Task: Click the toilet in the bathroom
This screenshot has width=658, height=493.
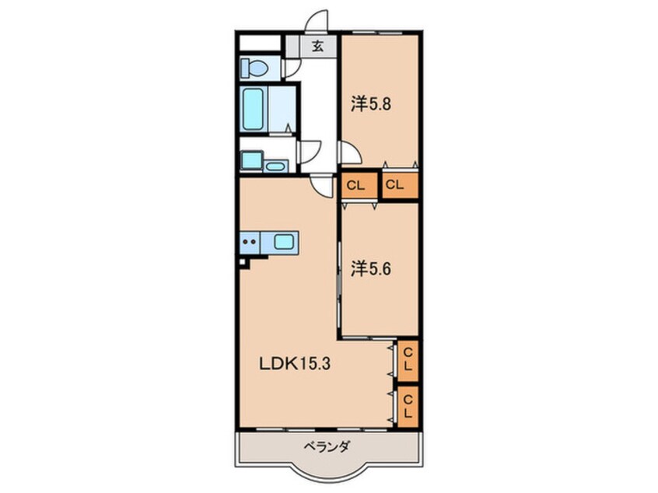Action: tap(253, 68)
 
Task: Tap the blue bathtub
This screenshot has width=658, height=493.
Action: tap(254, 108)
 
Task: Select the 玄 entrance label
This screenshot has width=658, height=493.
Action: tap(317, 46)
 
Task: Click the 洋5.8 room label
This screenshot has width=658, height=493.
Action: tap(370, 103)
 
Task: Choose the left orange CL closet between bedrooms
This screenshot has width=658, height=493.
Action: tap(356, 186)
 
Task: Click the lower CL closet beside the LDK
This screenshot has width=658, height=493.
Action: tap(408, 404)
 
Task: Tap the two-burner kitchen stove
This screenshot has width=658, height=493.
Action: tap(250, 242)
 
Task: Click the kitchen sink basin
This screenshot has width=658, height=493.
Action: tap(284, 242)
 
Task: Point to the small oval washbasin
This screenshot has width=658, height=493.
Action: tap(275, 166)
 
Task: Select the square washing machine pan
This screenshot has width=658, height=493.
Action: tap(250, 161)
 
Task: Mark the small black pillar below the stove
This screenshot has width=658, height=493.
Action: tap(244, 263)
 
